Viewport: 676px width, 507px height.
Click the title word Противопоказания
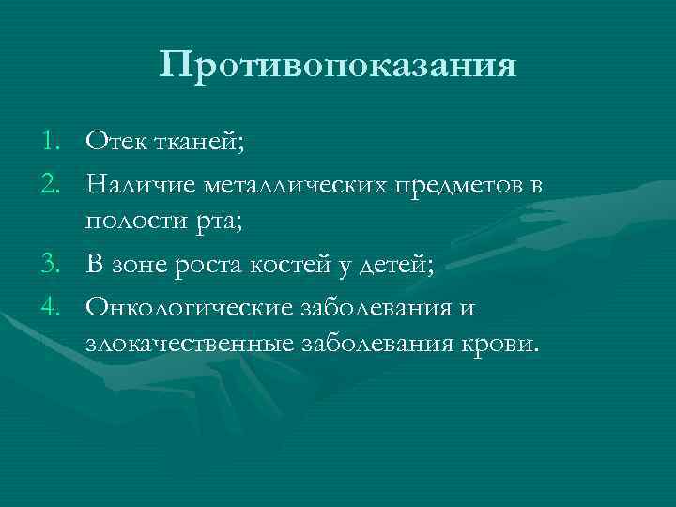click(x=338, y=66)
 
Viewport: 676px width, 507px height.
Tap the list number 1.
click(x=52, y=142)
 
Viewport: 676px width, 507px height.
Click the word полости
click(x=133, y=223)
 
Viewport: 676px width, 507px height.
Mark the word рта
click(x=219, y=223)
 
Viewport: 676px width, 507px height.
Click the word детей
click(x=400, y=264)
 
